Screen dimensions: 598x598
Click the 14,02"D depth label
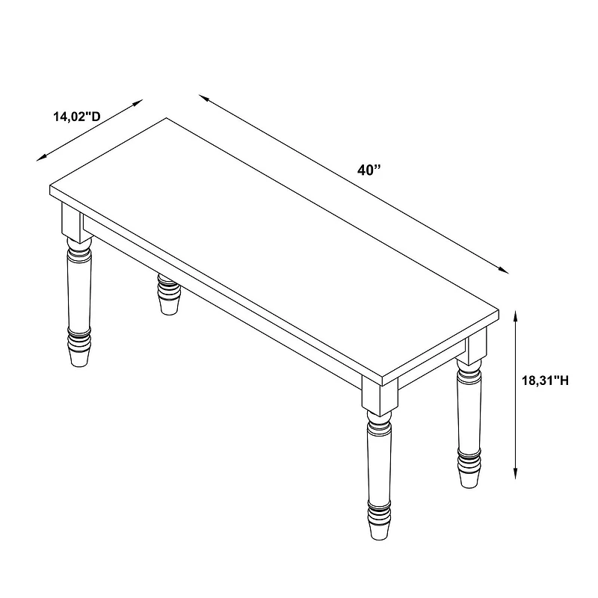click(77, 117)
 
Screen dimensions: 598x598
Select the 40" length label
click(369, 170)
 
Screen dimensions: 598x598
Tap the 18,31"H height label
click(545, 380)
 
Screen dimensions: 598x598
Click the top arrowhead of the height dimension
click(515, 315)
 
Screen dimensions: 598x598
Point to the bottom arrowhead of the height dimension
click(515, 474)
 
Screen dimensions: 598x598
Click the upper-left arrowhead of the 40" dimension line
click(203, 98)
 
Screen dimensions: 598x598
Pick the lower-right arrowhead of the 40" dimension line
click(504, 271)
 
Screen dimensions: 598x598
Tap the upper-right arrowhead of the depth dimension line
click(138, 102)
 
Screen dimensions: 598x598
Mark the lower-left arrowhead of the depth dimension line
click(41, 158)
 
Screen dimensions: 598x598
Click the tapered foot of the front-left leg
click(79, 358)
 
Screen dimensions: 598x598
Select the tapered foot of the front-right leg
click(379, 531)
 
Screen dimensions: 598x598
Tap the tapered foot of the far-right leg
click(469, 479)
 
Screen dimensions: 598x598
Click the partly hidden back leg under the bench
click(168, 294)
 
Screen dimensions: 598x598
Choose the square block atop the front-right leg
click(380, 397)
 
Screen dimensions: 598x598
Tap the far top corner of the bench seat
click(166, 118)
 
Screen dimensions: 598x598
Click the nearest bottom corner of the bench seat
click(382, 386)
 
